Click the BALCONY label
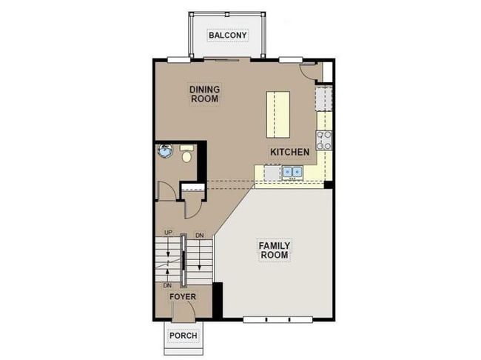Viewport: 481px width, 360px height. (x=226, y=36)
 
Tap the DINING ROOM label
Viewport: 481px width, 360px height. (x=205, y=93)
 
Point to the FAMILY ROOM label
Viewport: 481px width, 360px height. (x=273, y=250)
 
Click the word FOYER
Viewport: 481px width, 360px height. (x=183, y=297)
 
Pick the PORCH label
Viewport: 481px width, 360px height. (x=183, y=336)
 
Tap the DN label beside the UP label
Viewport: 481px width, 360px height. (x=199, y=236)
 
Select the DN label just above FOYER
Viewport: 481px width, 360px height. (x=168, y=285)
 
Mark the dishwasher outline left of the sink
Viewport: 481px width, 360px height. (x=272, y=172)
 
